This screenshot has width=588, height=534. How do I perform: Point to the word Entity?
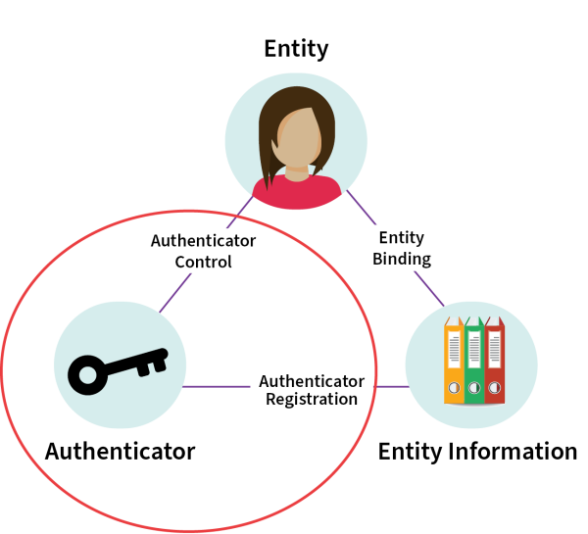click(402, 238)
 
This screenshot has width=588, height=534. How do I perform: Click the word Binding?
click(402, 259)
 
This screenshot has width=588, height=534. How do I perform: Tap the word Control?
click(203, 262)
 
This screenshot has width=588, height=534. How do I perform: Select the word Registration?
click(312, 399)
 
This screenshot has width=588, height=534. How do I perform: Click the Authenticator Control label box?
click(203, 251)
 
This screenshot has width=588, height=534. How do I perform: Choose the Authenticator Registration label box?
click(312, 388)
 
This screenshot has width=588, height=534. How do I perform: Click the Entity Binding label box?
click(402, 248)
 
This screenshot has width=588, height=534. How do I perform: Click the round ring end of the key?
click(87, 374)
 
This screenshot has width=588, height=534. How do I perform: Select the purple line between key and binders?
click(216, 386)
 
